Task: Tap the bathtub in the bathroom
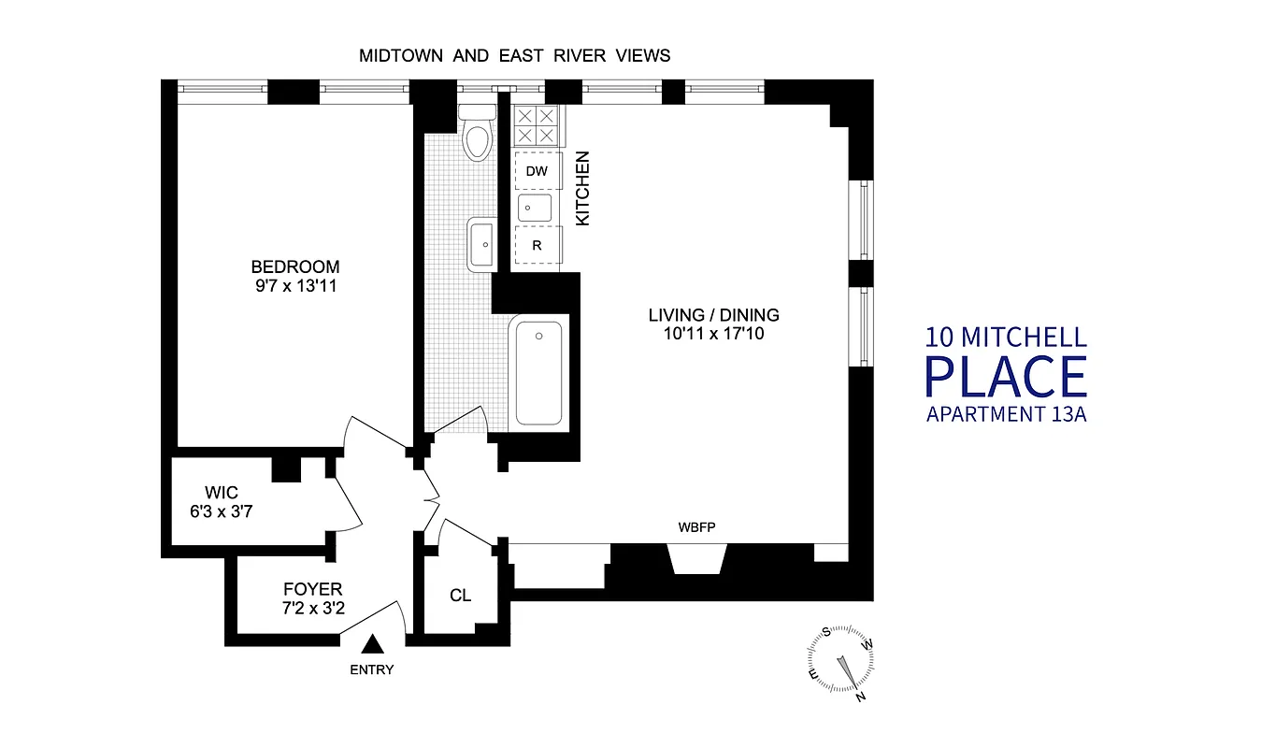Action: (538, 373)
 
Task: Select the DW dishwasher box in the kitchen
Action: (537, 171)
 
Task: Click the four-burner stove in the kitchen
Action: (537, 125)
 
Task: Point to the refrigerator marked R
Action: (537, 247)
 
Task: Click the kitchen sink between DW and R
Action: (537, 208)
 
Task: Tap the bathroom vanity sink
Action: (481, 245)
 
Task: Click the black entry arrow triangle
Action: (373, 643)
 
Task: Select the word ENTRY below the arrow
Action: (372, 669)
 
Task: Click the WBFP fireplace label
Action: (696, 526)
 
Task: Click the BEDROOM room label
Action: (294, 266)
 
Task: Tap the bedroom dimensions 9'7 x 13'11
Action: (294, 286)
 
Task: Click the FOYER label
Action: (313, 589)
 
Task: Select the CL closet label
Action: (460, 596)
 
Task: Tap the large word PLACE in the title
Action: (1006, 376)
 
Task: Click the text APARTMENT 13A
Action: (1006, 414)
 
